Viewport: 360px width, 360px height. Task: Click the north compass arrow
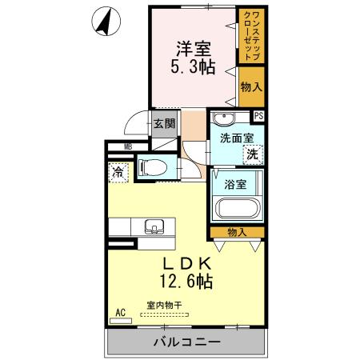coord(103,22)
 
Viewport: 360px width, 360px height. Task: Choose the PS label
coord(258,116)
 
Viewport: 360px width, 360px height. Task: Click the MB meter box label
coord(128,147)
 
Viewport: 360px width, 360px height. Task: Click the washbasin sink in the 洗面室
coord(225,120)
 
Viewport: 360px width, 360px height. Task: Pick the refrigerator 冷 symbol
coord(118,171)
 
